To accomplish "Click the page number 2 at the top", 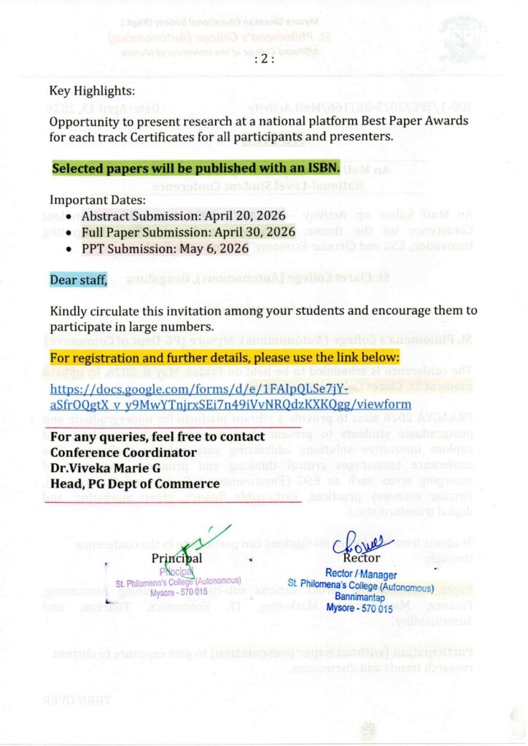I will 263,60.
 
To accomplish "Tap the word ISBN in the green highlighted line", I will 322,168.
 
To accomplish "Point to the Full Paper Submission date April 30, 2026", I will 254,232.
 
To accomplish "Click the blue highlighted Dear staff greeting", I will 79,280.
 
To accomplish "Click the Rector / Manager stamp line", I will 362,576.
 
